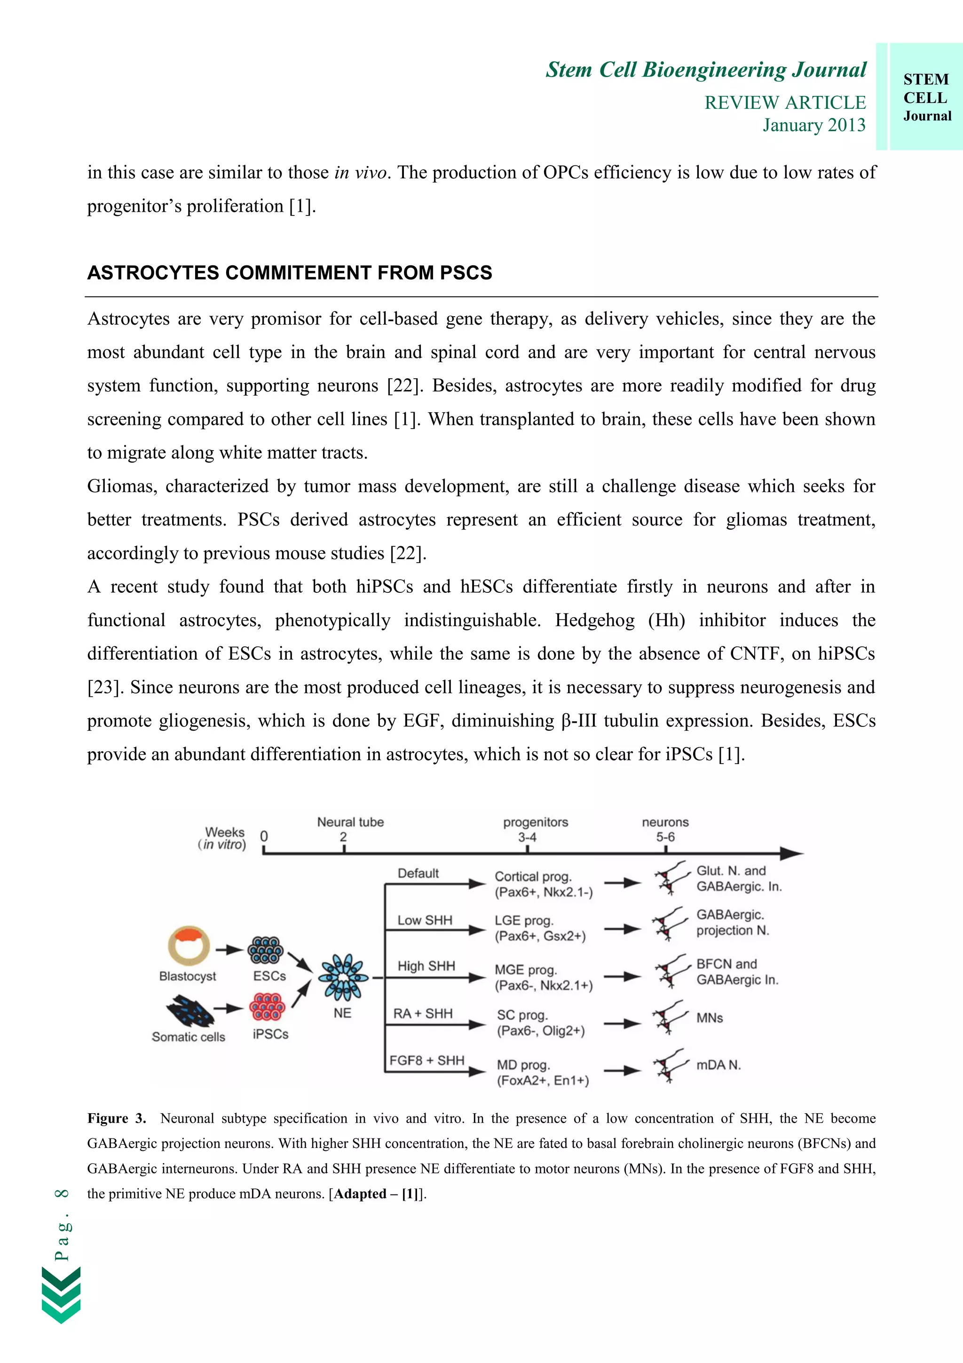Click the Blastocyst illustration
pyautogui.click(x=189, y=946)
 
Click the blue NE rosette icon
pyautogui.click(x=342, y=977)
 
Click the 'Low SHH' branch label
pyautogui.click(x=424, y=920)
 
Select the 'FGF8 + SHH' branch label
pyautogui.click(x=426, y=1060)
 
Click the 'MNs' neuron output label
pyautogui.click(x=710, y=1018)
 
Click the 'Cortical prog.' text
pyautogui.click(x=533, y=876)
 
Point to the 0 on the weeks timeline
pyautogui.click(x=264, y=836)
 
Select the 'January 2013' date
pyautogui.click(x=813, y=125)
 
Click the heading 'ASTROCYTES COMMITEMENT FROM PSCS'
pyautogui.click(x=290, y=272)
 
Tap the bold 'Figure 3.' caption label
pyautogui.click(x=116, y=1118)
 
